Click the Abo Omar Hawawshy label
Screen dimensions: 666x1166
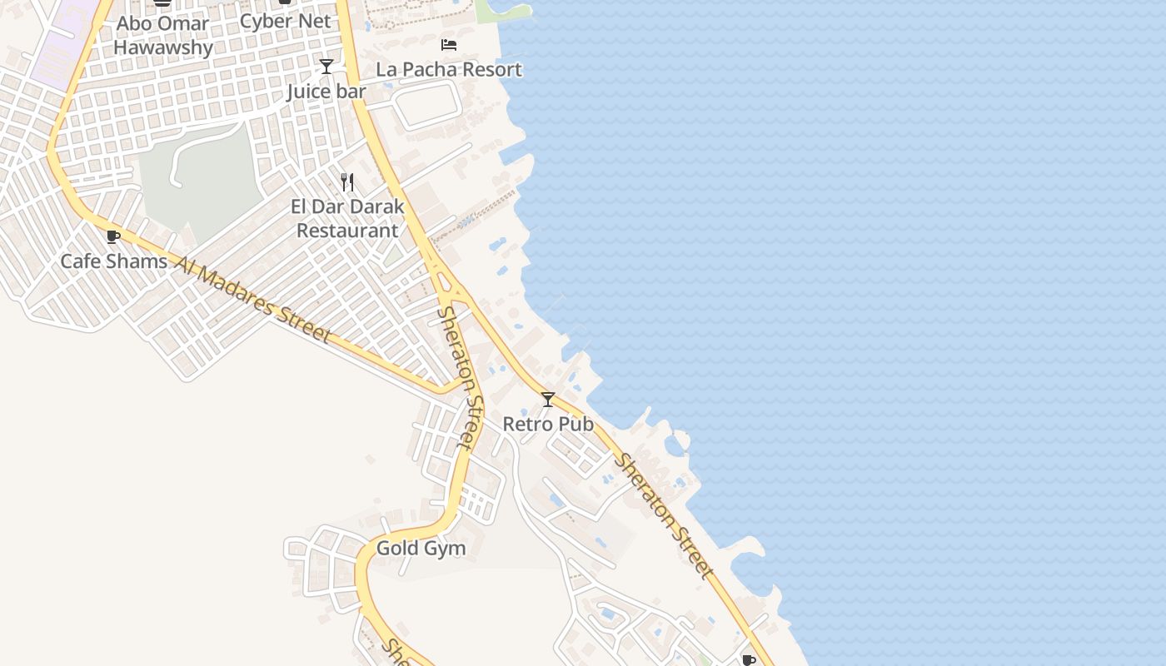click(x=163, y=35)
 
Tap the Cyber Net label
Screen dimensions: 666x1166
click(x=285, y=21)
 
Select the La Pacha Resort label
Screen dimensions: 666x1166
click(x=449, y=69)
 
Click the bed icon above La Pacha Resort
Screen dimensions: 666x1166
click(x=449, y=45)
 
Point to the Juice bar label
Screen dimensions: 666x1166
click(x=326, y=91)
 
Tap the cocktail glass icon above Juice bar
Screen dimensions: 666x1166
click(x=326, y=67)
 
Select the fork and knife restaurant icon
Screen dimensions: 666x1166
click(x=347, y=181)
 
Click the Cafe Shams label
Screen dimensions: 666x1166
click(x=113, y=261)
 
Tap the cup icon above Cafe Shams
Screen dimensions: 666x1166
click(x=113, y=237)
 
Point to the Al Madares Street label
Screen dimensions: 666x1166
click(x=254, y=299)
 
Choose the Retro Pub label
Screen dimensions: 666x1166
click(x=548, y=424)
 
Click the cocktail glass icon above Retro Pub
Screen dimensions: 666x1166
click(x=548, y=400)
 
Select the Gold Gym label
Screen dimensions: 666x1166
click(x=421, y=548)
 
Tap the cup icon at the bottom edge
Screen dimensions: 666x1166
click(x=748, y=660)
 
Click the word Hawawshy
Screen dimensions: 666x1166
click(x=163, y=47)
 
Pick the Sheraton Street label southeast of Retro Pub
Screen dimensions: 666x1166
click(x=664, y=517)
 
